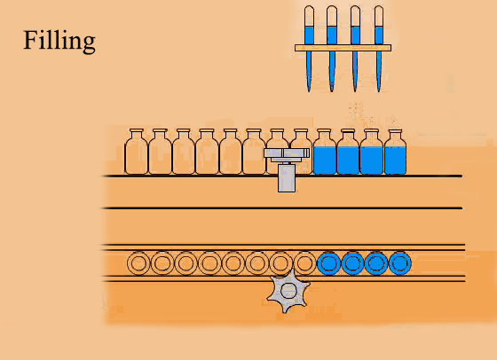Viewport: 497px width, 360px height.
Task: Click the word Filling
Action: point(59,41)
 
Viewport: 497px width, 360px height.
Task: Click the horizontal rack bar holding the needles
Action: point(343,48)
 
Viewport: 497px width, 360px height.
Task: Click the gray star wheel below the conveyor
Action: point(288,292)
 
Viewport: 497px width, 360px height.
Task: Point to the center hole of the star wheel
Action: point(288,289)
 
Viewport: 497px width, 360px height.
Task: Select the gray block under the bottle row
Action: point(288,177)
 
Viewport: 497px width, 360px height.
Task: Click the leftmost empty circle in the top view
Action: point(138,262)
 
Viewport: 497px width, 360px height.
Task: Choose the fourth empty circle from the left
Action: point(209,262)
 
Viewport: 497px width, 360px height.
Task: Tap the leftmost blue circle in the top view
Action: point(329,262)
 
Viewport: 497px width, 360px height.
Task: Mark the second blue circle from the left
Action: point(353,262)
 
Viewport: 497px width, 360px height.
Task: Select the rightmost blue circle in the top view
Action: point(401,262)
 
